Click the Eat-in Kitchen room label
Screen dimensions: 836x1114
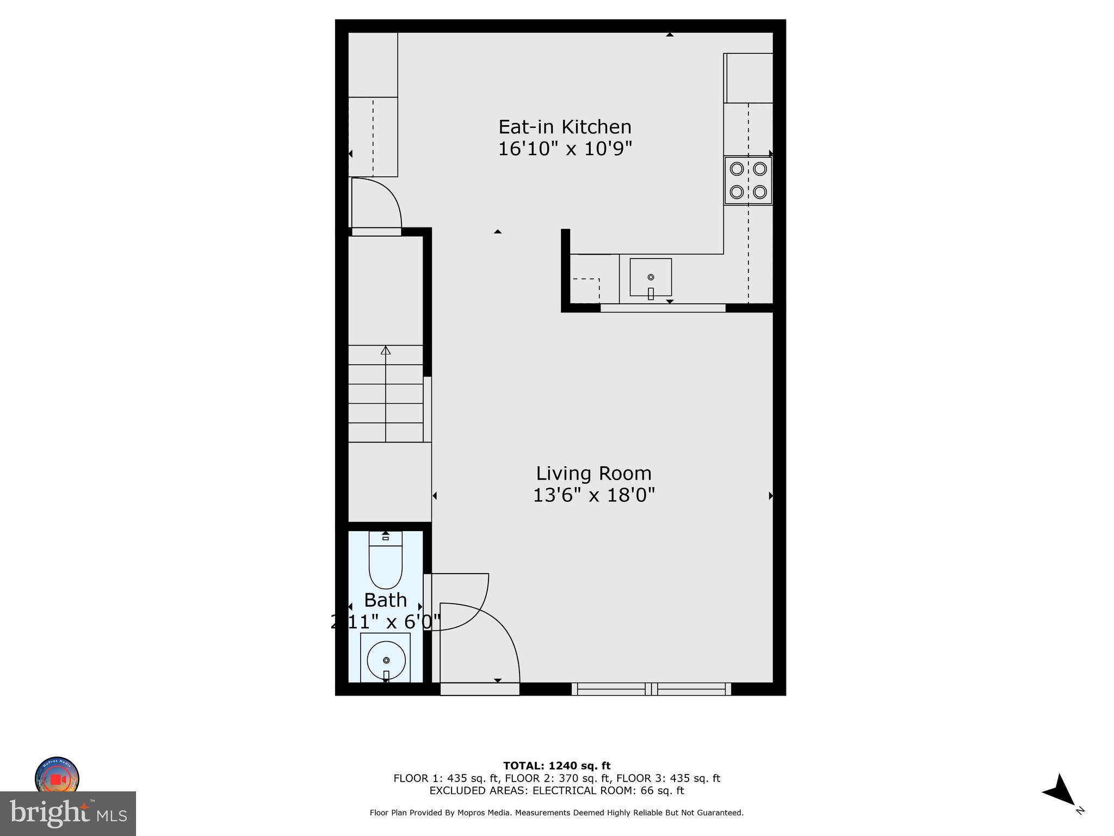[565, 127]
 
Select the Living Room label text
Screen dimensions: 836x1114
[593, 473]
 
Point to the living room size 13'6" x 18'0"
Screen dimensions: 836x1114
[593, 495]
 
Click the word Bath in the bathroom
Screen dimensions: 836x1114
[385, 600]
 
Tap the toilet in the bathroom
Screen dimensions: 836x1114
[385, 561]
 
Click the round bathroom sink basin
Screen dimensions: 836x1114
[386, 660]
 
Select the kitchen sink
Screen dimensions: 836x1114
[651, 278]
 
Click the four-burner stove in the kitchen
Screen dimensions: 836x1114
[748, 181]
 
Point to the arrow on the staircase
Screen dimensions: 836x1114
[386, 351]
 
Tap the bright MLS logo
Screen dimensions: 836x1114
[68, 814]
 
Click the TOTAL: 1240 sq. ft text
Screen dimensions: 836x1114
[556, 766]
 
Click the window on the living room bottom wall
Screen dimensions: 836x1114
[651, 689]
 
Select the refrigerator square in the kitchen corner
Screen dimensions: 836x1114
[748, 78]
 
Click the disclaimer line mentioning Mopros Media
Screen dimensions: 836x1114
[556, 813]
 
